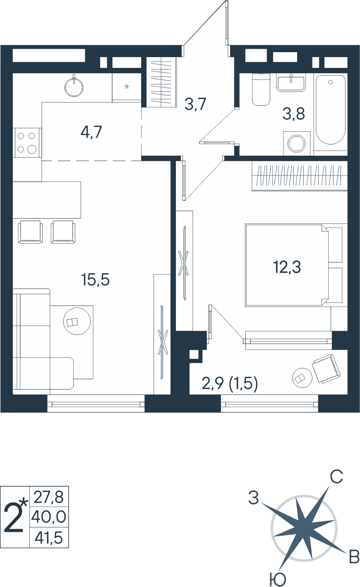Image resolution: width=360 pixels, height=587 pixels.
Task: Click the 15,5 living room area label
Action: [x=95, y=279]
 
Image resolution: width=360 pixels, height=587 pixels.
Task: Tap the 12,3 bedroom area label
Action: [x=287, y=267]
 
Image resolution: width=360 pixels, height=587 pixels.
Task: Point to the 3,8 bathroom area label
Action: [x=293, y=114]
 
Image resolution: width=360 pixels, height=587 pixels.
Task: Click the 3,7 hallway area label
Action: [x=195, y=104]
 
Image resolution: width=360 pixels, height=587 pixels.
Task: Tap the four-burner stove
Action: [x=27, y=143]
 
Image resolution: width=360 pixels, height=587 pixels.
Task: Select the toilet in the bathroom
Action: [x=261, y=89]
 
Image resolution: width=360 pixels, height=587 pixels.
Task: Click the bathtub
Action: [x=330, y=110]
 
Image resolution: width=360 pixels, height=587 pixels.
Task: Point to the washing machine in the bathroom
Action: [x=297, y=143]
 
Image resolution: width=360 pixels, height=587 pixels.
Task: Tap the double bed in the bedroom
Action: [x=296, y=265]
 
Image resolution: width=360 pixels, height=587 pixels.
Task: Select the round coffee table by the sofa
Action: [x=77, y=321]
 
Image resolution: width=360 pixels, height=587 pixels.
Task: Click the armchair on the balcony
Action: [x=326, y=368]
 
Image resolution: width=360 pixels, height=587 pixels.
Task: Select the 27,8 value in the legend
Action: [x=49, y=497]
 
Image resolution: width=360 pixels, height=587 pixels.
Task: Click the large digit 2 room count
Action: [x=14, y=519]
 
